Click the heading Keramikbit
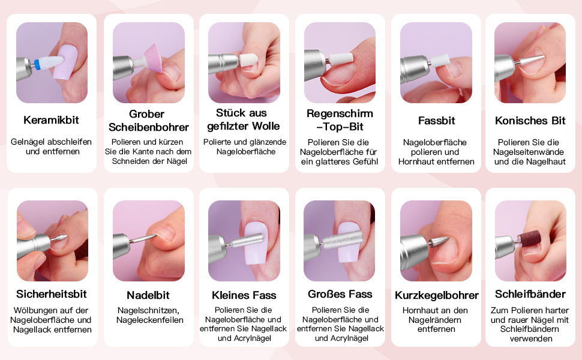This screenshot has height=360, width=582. click(51, 120)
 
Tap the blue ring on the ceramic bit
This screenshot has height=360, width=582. click(37, 64)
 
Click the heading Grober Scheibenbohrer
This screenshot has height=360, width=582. click(148, 120)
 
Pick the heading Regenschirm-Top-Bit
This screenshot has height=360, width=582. click(340, 120)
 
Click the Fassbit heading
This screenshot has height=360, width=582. click(437, 121)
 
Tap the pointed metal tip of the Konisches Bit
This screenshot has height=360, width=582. click(544, 57)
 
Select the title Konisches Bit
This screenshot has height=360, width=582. click(530, 121)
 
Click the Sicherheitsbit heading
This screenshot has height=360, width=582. click(51, 294)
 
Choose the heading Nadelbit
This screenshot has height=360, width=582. click(148, 295)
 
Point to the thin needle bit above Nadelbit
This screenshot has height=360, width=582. click(143, 239)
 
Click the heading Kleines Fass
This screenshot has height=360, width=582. click(244, 295)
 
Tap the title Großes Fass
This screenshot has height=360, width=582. click(340, 294)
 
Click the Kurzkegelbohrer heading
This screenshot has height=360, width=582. click(437, 295)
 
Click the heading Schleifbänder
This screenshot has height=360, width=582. click(530, 294)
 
